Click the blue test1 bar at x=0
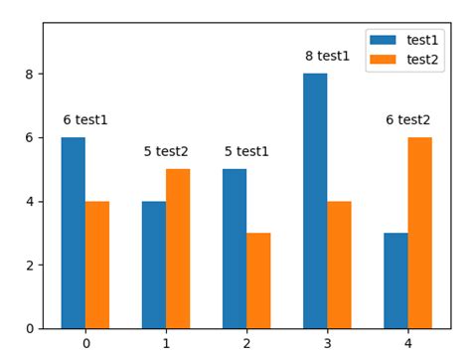(x=73, y=233)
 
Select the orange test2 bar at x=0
(x=97, y=265)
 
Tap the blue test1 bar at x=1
(x=154, y=265)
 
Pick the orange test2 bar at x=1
(x=178, y=249)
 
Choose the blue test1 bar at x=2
(x=235, y=249)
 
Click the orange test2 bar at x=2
(x=258, y=280)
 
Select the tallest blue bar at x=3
(x=315, y=201)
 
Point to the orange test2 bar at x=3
(x=339, y=265)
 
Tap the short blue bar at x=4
(x=395, y=280)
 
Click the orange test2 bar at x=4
(x=419, y=233)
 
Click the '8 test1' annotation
(x=327, y=57)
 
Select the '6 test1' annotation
(x=85, y=120)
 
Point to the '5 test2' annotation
(x=166, y=152)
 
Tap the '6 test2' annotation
(x=408, y=120)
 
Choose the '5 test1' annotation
(x=246, y=152)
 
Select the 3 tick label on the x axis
(x=327, y=343)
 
